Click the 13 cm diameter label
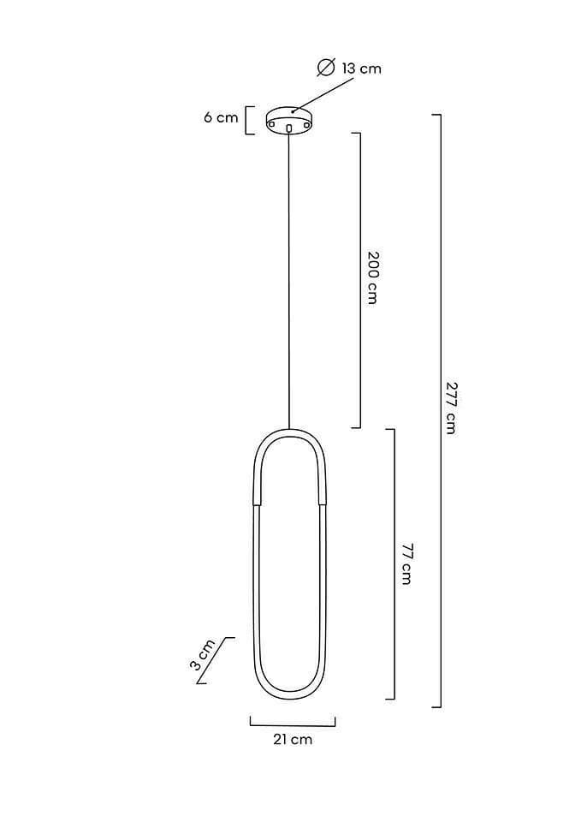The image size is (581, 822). tap(361, 68)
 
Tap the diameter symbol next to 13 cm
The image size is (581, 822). tap(326, 68)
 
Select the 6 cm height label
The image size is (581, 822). tap(221, 117)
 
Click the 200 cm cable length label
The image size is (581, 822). tap(372, 277)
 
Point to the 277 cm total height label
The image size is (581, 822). tap(451, 408)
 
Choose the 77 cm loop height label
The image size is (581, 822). tap(406, 564)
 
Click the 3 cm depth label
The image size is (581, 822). tap(202, 655)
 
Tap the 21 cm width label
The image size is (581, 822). tap(293, 740)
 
